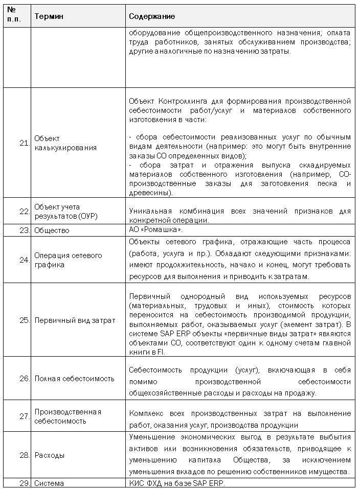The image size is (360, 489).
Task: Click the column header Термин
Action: click(x=49, y=16)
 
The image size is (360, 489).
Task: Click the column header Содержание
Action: click(x=152, y=16)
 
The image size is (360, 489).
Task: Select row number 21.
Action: click(x=24, y=143)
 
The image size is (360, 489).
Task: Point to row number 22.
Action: click(x=24, y=211)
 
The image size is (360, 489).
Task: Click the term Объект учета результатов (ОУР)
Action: click(x=65, y=211)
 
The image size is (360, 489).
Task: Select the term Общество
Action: click(x=52, y=230)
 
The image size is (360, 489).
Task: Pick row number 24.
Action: click(x=24, y=260)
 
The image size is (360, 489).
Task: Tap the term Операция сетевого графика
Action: click(x=68, y=260)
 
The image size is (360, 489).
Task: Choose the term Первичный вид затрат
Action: click(x=75, y=320)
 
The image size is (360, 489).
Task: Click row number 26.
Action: click(x=24, y=379)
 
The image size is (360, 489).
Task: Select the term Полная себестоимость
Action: click(x=74, y=379)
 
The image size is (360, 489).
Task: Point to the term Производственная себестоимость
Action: click(x=67, y=416)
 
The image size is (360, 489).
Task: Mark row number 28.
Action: click(x=24, y=455)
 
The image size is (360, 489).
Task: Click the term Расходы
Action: click(x=49, y=455)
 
